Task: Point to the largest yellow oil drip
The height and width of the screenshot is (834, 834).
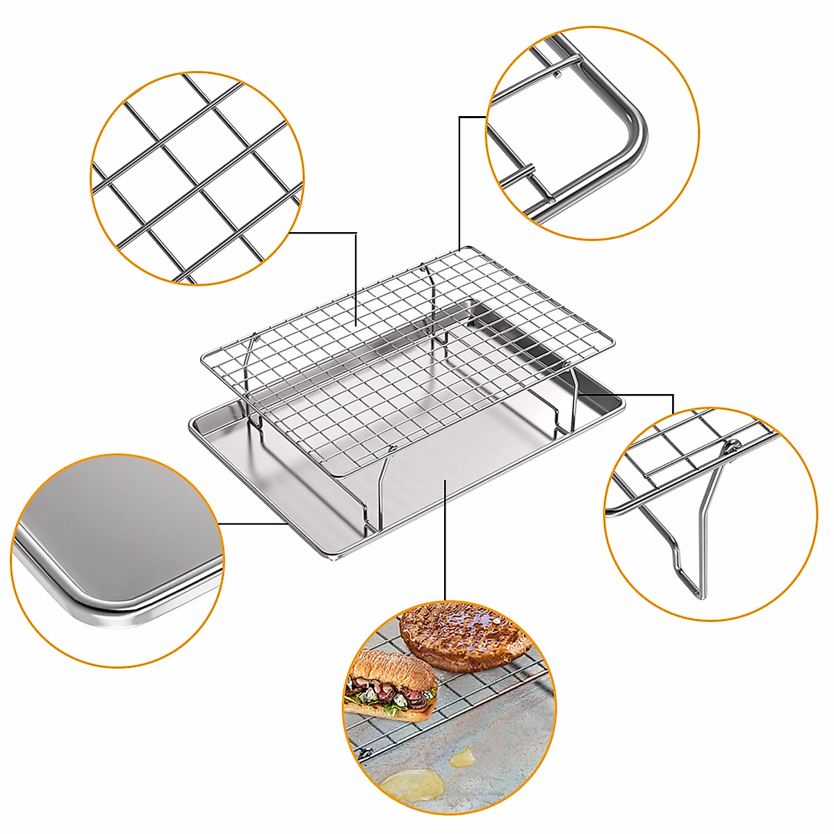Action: [413, 787]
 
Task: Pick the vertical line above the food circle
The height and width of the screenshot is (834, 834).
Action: [445, 542]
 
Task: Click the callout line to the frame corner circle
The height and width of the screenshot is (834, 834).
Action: [459, 181]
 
